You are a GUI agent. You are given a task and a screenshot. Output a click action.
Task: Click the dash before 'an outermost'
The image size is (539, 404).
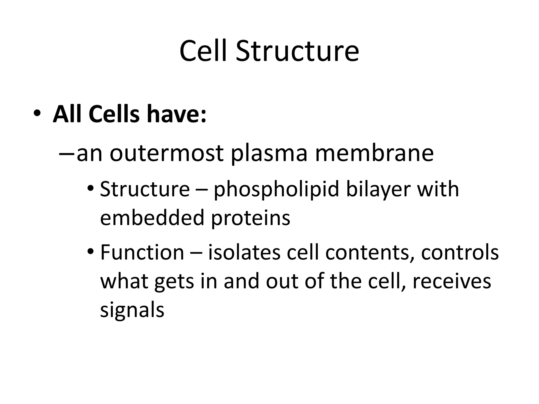67,153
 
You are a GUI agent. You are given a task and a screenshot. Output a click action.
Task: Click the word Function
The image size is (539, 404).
142,252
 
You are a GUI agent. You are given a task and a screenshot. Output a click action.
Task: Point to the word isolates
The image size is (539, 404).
244,252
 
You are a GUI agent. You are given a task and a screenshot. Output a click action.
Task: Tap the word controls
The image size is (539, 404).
460,252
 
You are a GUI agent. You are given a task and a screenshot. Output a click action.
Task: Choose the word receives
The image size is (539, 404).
452,281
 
